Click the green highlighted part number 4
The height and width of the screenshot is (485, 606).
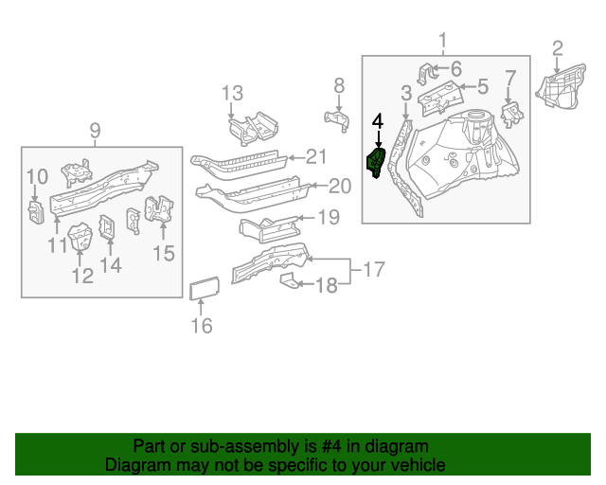[x=377, y=163]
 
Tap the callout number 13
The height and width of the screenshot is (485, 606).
[x=233, y=93]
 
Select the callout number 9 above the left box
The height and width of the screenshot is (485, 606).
[x=95, y=130]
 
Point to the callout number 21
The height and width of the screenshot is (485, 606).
[x=315, y=157]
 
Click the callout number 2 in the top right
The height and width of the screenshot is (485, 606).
[x=558, y=48]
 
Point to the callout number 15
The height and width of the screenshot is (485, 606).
[x=164, y=253]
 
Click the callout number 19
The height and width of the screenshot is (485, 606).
[x=327, y=218]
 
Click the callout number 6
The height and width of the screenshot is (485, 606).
[x=455, y=68]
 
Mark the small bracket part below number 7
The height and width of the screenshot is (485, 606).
[x=512, y=116]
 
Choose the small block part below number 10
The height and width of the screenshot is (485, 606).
[x=34, y=213]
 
